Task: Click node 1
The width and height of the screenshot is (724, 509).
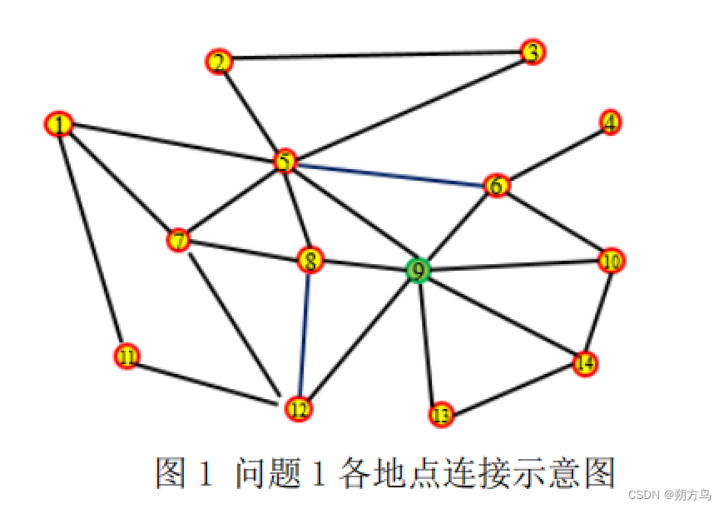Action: tap(58, 124)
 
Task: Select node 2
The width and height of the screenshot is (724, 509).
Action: tap(218, 62)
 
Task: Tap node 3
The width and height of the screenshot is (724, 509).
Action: tap(533, 52)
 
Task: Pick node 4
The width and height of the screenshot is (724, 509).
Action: tap(611, 122)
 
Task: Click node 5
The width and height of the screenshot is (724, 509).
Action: tap(285, 161)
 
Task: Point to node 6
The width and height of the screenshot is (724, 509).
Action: tap(496, 186)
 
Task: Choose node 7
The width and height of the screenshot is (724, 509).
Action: tap(179, 241)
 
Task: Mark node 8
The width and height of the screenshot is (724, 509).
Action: tap(310, 262)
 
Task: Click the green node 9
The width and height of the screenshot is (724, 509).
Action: tap(419, 270)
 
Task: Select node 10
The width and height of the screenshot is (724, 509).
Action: tap(612, 262)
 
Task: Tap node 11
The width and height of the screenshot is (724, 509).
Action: tap(126, 357)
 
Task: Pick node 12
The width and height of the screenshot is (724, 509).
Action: tap(298, 409)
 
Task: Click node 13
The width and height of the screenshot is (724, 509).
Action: tap(441, 414)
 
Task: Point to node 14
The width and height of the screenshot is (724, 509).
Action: tap(586, 363)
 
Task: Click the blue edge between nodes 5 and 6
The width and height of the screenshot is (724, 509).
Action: tap(391, 173)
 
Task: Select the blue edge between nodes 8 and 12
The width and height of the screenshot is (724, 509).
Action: tap(305, 333)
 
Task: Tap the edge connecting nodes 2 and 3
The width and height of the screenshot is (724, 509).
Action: tap(374, 57)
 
